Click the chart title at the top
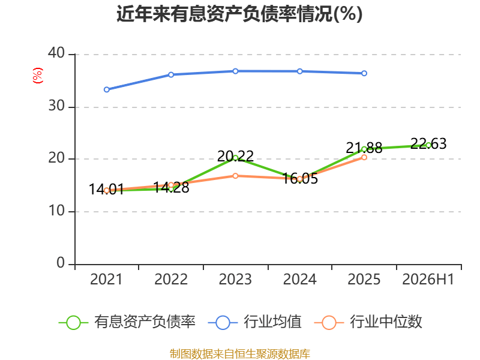pos(239,14)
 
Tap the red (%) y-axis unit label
pos(37,76)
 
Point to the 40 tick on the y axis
pos(56,53)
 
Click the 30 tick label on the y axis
pos(56,106)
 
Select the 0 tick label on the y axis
pos(61,263)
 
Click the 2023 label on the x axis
pos(235,280)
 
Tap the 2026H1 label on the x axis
pos(428,280)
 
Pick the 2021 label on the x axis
pos(106,280)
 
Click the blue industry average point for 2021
pos(107,89)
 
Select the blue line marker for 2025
pos(364,73)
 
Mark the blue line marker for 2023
pos(235,71)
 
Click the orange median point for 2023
pos(235,176)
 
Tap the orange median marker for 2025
pos(364,157)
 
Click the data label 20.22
pos(235,156)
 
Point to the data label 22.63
pos(428,143)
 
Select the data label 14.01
pos(107,189)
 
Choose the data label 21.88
pos(364,148)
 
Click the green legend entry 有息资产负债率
pos(127,322)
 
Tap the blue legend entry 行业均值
pos(254,322)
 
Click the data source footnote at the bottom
pos(240,354)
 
